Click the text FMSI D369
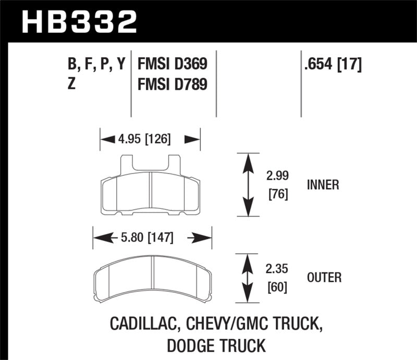173,65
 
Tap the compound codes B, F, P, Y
97,65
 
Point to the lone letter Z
72,83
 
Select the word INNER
323,184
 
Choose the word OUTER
324,278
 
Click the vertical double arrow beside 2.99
249,184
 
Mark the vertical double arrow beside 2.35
249,278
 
